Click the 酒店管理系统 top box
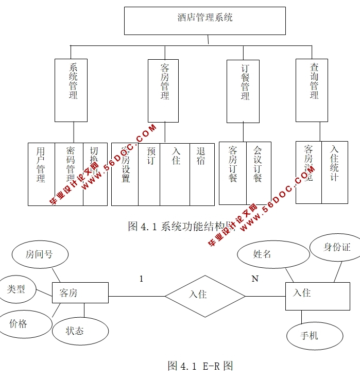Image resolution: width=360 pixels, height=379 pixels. (204, 21)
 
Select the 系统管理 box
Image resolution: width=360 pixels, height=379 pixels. (71, 90)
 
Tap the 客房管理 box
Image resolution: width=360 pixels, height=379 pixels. (163, 91)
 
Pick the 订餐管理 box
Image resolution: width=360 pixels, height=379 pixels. (243, 91)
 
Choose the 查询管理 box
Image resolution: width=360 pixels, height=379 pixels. (312, 90)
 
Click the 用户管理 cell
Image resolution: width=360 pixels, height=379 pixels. (41, 174)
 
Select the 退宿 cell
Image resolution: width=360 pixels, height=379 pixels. (202, 174)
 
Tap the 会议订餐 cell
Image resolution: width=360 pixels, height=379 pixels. (259, 173)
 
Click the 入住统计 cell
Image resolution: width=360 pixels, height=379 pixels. (335, 172)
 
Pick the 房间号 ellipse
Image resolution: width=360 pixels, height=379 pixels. (39, 254)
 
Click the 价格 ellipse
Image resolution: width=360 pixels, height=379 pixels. (22, 324)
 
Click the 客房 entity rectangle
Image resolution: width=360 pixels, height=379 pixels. (80, 293)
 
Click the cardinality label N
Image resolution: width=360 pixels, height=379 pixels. (254, 279)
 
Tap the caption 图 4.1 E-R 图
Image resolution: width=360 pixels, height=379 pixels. (200, 366)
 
